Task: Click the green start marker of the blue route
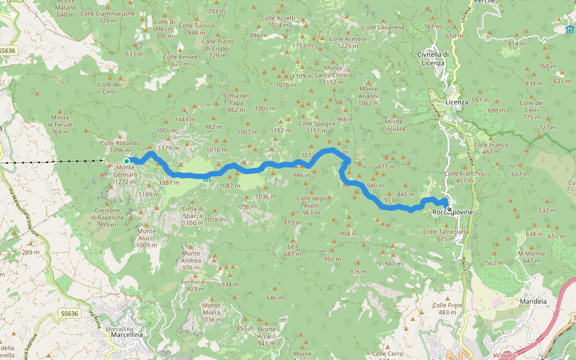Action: pyautogui.click(x=127, y=161)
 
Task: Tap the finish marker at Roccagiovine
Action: pyautogui.click(x=449, y=209)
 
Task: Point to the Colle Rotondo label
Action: pyautogui.click(x=120, y=143)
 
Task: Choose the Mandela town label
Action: pyautogui.click(x=533, y=301)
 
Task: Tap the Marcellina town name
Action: pyautogui.click(x=127, y=335)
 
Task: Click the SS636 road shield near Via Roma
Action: pyautogui.click(x=70, y=314)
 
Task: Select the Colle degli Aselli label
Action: pyautogui.click(x=311, y=202)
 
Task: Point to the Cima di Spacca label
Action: pyautogui.click(x=193, y=212)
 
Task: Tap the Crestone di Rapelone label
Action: pyautogui.click(x=109, y=214)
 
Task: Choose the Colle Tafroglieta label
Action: pyautogui.click(x=446, y=232)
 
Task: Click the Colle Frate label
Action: pyautogui.click(x=448, y=305)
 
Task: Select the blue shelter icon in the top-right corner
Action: pyautogui.click(x=569, y=29)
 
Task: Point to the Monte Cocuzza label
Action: pyautogui.click(x=394, y=125)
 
